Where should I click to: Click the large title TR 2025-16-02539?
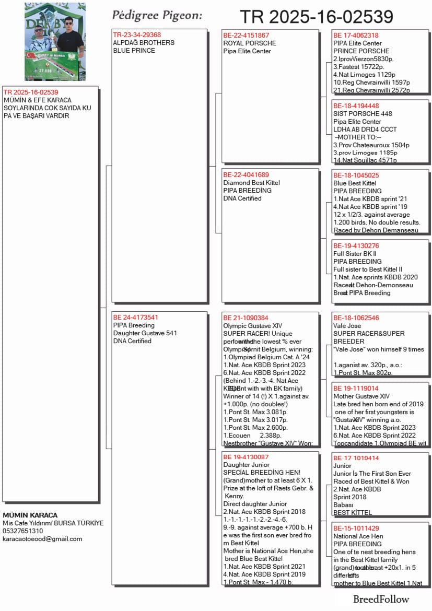point(316,17)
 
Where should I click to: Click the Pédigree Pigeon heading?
point(157,15)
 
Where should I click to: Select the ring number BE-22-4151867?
point(246,35)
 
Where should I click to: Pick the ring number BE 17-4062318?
point(356,35)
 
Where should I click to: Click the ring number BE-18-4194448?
point(356,105)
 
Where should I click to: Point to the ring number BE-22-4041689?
point(246,174)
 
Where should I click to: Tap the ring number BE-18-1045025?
point(356,175)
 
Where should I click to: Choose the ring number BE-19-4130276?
point(356,245)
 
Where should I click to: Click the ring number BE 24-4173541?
point(136,317)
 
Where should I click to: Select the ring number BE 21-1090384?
point(246,318)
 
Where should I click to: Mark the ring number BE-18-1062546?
point(356,318)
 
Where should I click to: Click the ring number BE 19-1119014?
point(356,389)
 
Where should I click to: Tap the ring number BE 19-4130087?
point(246,457)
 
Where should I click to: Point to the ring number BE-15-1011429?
point(356,528)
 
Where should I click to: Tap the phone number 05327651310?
point(23,531)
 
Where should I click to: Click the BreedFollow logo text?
point(381,599)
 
